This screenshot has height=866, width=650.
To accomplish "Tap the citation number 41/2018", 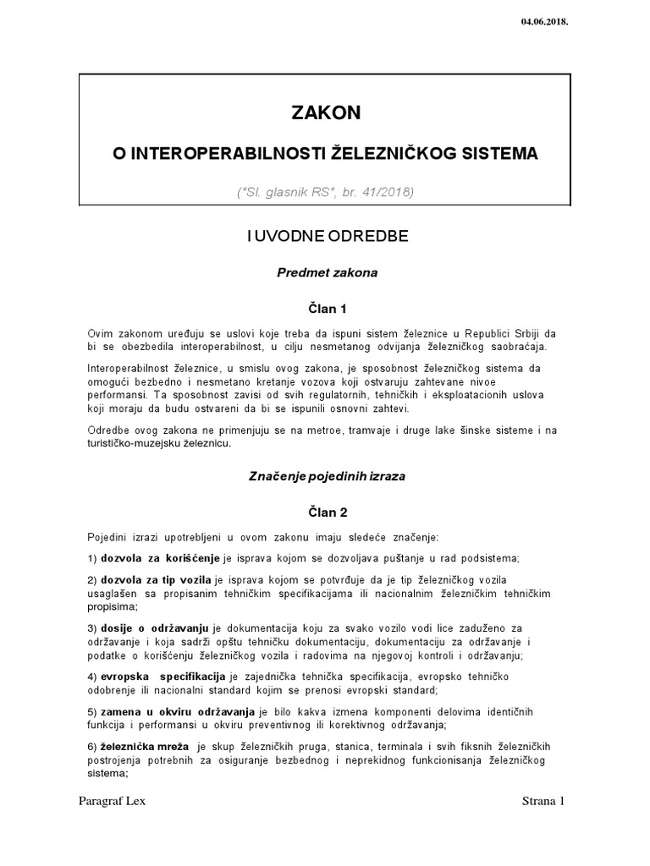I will (x=382, y=192).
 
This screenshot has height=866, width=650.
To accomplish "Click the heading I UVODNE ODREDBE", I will (x=327, y=236).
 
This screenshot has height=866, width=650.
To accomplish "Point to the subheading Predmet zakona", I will (x=327, y=273).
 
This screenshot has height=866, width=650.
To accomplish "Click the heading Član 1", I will (x=326, y=310).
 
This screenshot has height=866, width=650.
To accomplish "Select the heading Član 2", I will (x=326, y=512).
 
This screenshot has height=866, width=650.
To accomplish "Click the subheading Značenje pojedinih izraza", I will (x=326, y=476).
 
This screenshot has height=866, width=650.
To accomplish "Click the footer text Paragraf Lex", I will (x=111, y=802).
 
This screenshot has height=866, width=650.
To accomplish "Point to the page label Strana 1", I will (x=542, y=802).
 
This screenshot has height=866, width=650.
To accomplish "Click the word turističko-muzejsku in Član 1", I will (x=129, y=444).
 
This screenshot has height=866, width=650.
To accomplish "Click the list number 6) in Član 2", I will (x=93, y=747).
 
